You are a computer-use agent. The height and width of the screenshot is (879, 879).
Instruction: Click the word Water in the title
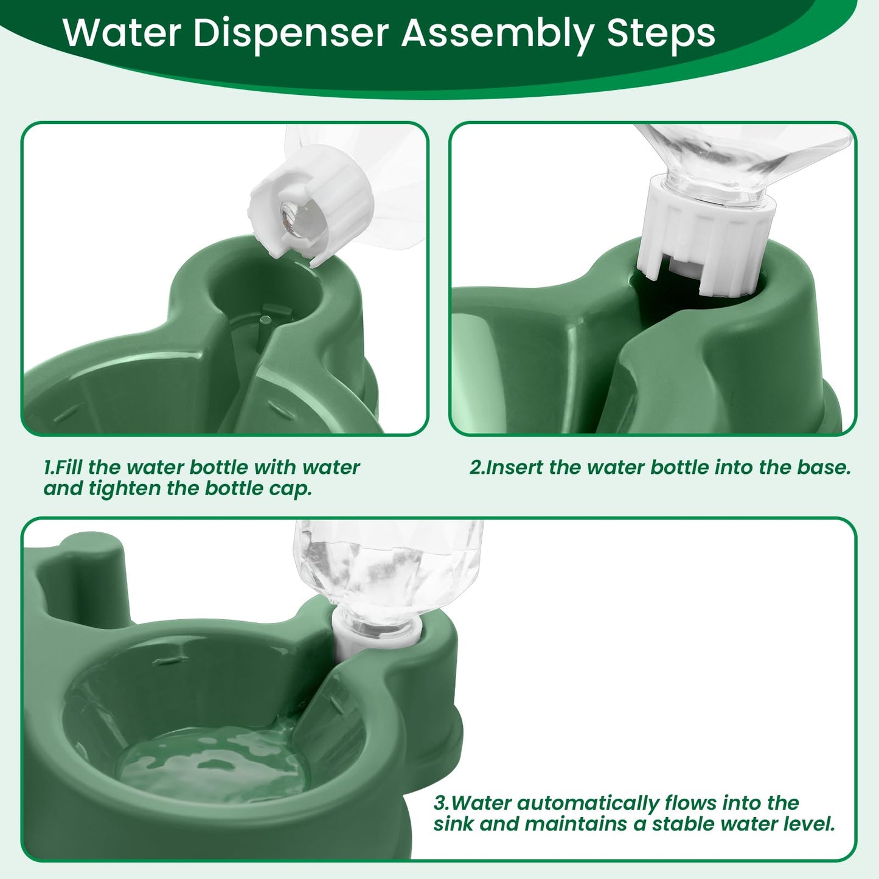point(122,33)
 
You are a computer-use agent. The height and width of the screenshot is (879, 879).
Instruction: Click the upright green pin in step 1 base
point(262,332)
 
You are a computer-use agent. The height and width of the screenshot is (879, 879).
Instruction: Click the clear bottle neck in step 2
point(714,189)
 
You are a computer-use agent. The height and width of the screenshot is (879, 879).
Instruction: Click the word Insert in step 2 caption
point(513,468)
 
